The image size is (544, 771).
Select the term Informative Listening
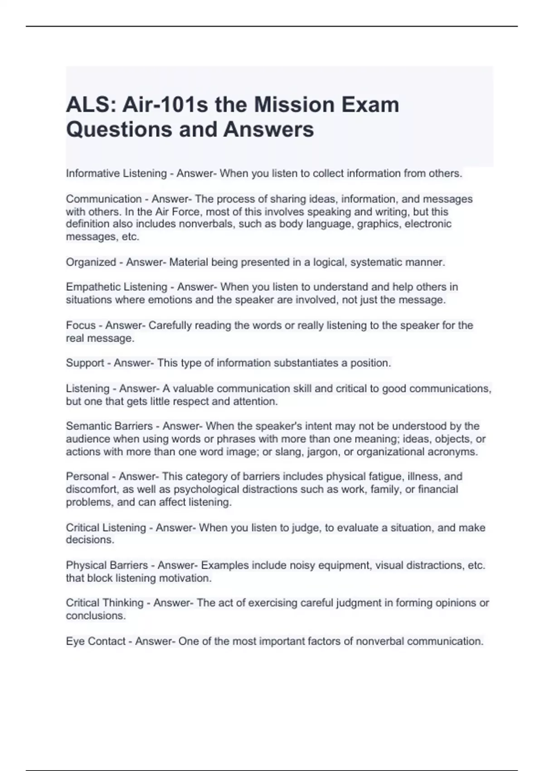[117, 174]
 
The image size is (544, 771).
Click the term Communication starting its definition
[104, 199]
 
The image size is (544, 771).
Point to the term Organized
[91, 262]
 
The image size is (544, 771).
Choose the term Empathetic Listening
[117, 287]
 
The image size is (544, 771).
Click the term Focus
[81, 326]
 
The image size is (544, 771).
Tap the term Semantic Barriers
[109, 426]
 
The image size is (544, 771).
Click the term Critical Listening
[106, 528]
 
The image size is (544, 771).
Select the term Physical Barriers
[107, 566]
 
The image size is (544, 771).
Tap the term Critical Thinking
[105, 603]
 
